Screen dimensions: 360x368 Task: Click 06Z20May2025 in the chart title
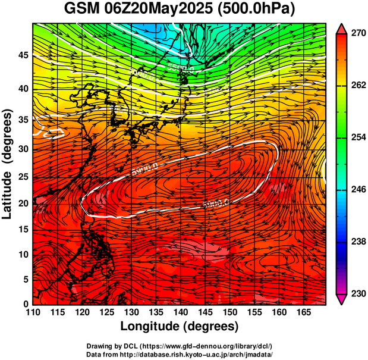pos(166,10)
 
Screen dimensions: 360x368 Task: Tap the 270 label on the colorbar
pos(358,34)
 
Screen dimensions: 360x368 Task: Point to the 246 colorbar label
pos(358,189)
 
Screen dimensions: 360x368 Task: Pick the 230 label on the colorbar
pos(358,293)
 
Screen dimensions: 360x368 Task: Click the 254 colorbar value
pos(358,137)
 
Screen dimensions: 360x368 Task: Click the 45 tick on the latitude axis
pos(22,55)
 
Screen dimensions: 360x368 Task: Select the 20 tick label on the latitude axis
pos(22,203)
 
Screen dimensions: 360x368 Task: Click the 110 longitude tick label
pos(33,313)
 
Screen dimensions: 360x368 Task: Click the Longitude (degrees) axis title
pos(180,326)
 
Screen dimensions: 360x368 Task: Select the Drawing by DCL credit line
pos(180,346)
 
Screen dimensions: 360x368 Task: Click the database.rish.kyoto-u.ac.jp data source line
pos(180,353)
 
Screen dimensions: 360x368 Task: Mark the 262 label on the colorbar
pos(358,86)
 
